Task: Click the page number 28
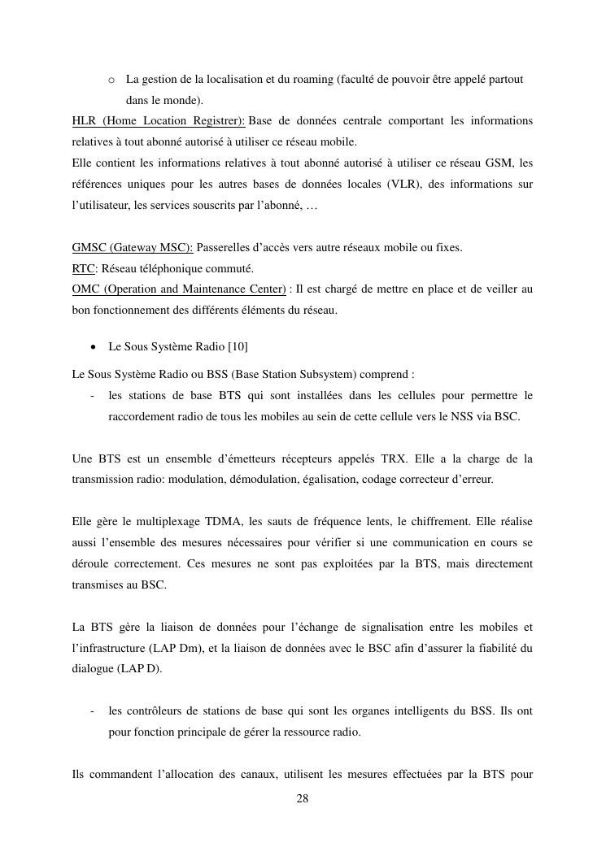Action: (303, 798)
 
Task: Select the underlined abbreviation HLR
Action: (84, 121)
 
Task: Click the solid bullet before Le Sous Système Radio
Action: (94, 347)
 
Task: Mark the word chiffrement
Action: (425, 521)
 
